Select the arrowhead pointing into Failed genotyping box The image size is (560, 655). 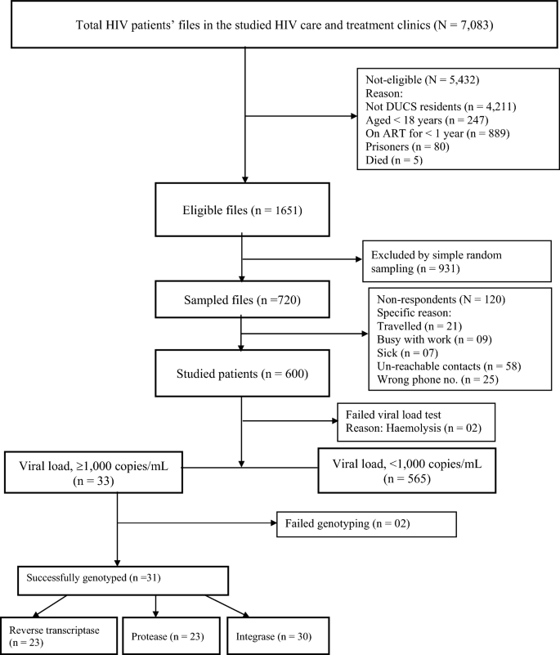274,523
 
